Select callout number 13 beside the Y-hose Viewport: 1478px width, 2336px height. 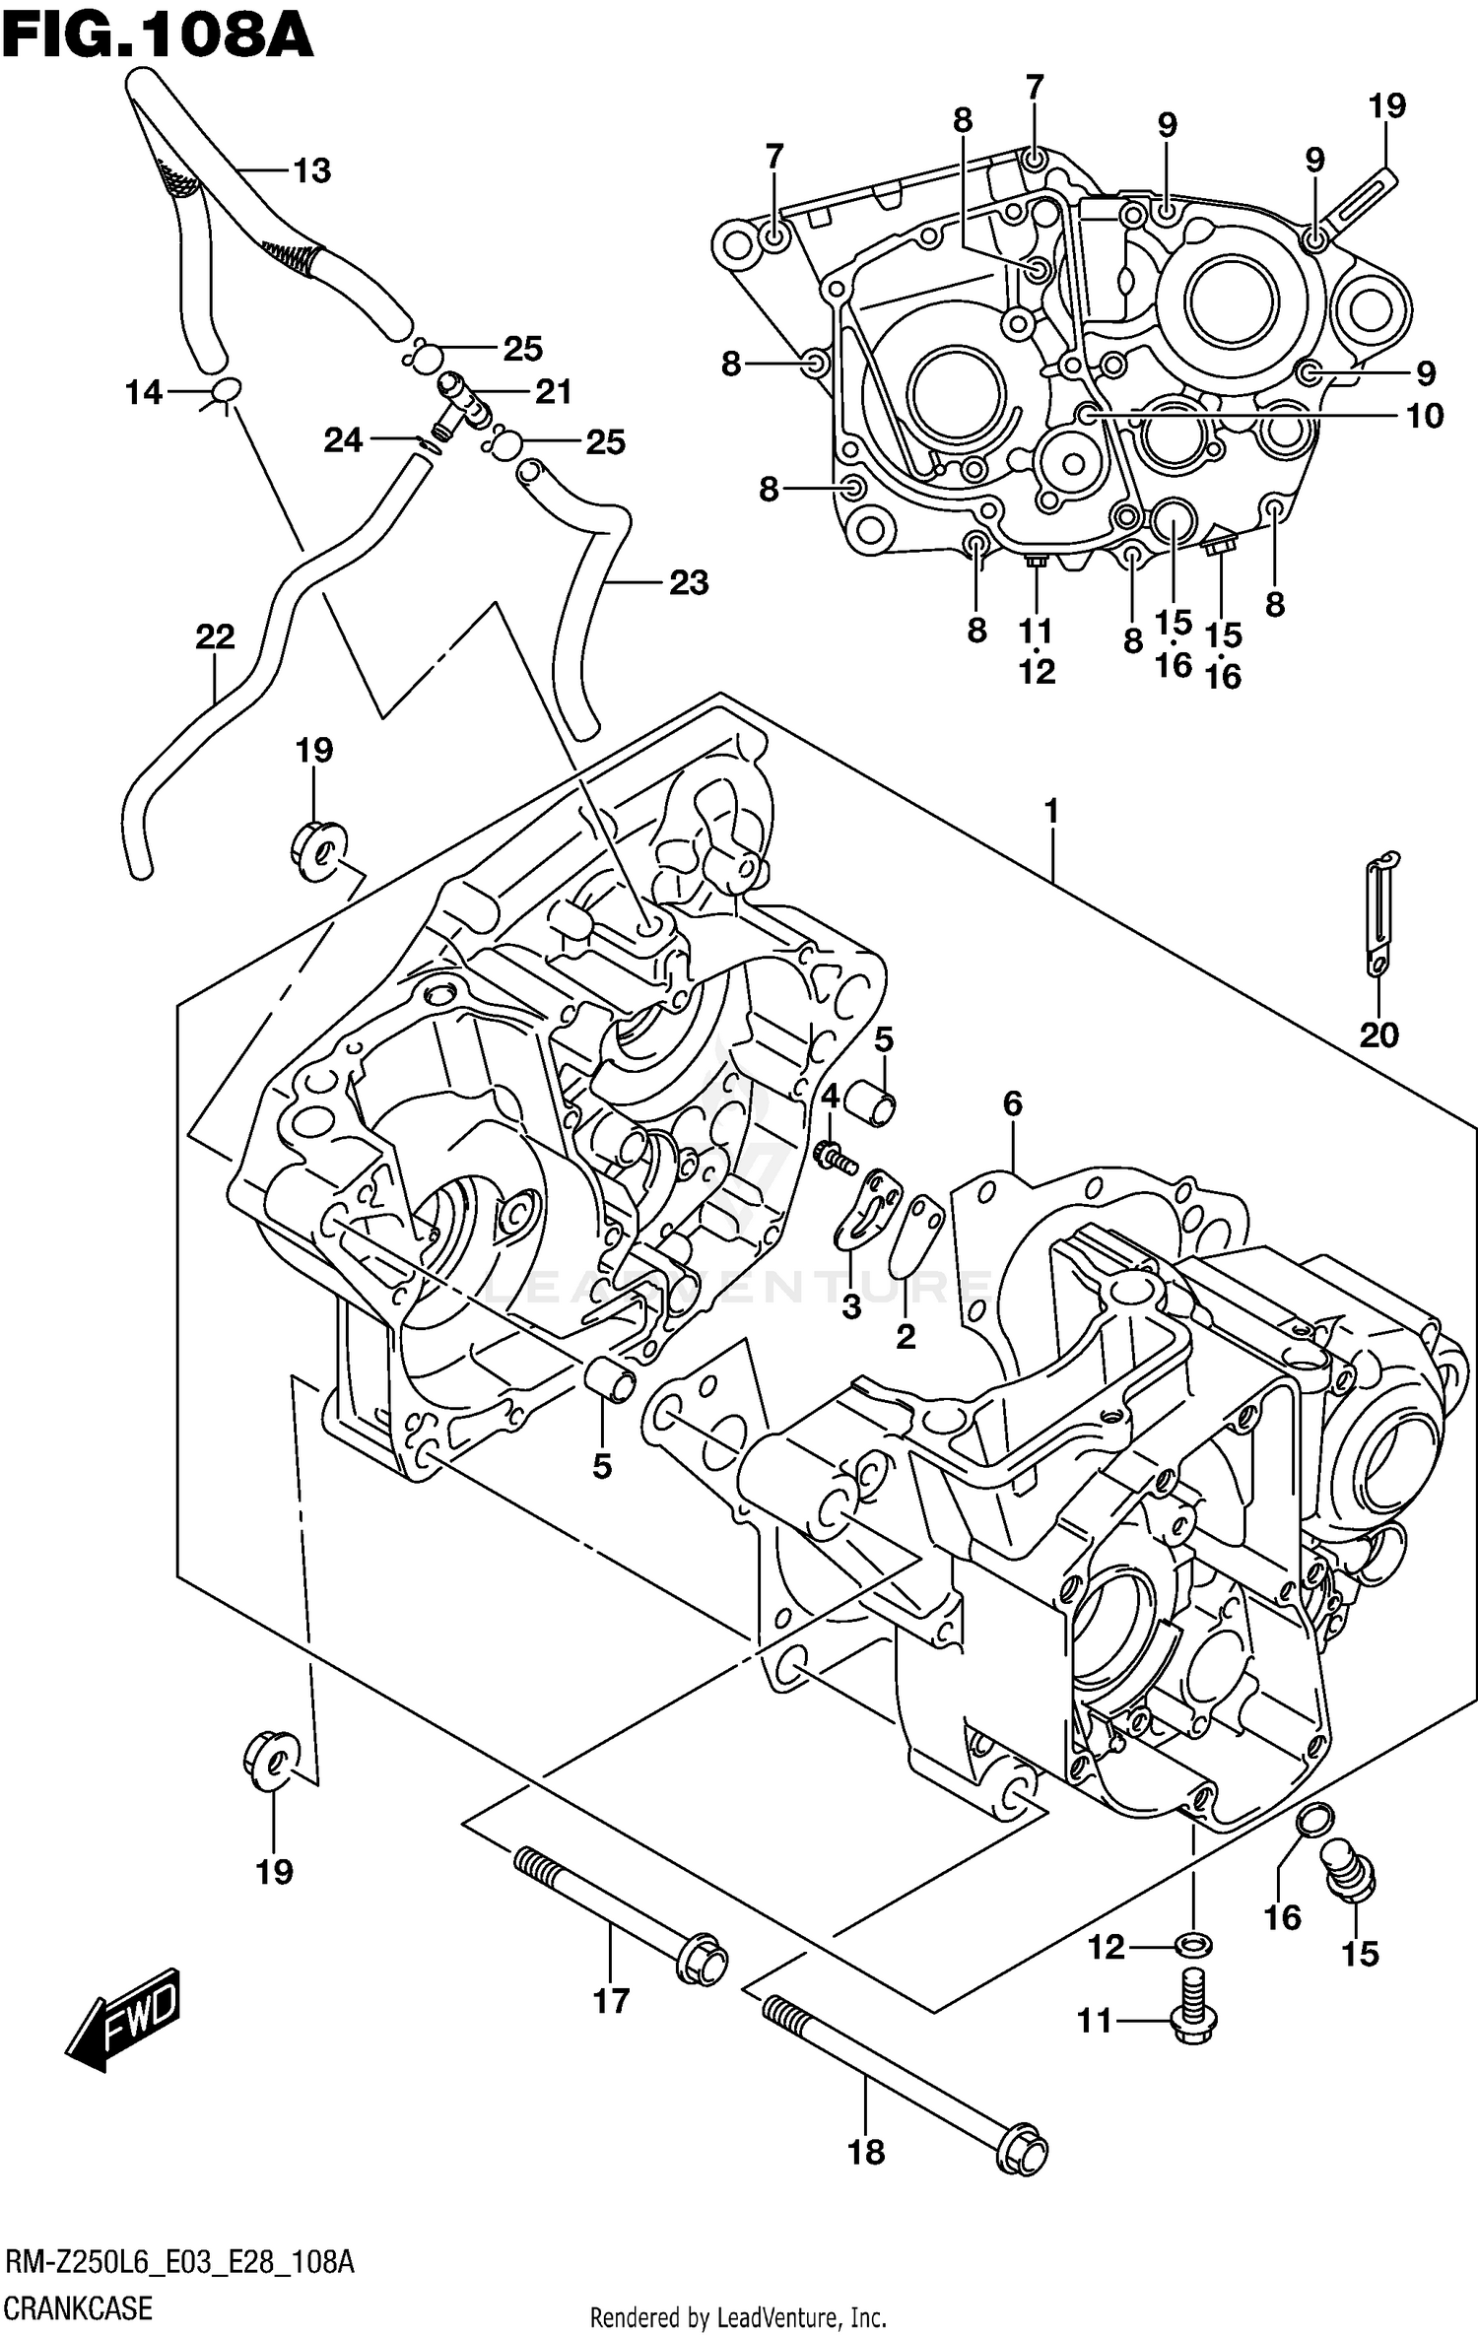tap(312, 171)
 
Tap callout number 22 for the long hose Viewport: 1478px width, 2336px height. tap(215, 637)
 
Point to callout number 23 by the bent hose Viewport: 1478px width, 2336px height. tap(688, 583)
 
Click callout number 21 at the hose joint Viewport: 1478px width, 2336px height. tap(553, 392)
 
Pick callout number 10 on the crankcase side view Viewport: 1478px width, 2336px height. tap(1425, 416)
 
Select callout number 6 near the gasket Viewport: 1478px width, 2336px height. tap(1013, 1104)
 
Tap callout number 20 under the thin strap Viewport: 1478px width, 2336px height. tap(1378, 1035)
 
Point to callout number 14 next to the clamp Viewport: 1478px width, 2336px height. tap(144, 393)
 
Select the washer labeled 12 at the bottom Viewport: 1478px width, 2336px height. tap(1193, 1946)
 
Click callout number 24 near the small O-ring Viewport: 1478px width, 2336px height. tap(343, 440)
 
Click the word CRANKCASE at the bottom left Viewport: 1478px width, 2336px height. tap(79, 2307)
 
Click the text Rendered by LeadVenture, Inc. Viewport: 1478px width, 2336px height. tap(738, 2319)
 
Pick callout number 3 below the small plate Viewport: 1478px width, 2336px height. tap(851, 1306)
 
